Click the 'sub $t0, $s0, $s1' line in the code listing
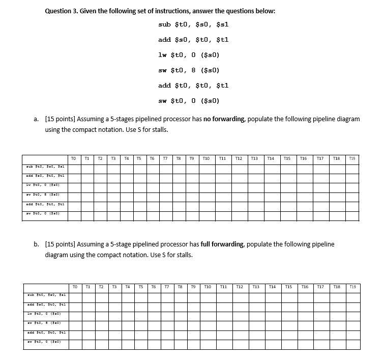(189, 24)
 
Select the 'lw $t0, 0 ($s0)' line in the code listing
(189, 55)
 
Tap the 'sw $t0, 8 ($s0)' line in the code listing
(189, 70)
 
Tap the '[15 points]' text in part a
(60, 119)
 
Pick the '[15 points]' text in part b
(60, 244)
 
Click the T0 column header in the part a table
(74, 159)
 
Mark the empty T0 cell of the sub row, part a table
(74, 167)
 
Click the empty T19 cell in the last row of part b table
(352, 345)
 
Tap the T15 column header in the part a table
(287, 159)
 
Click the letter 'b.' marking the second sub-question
(37, 244)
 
